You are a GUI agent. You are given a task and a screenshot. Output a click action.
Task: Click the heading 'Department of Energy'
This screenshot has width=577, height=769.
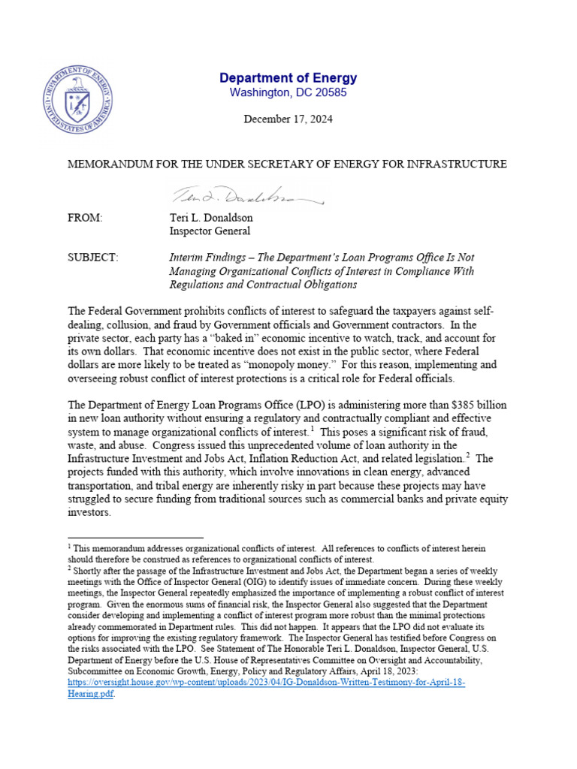click(x=288, y=78)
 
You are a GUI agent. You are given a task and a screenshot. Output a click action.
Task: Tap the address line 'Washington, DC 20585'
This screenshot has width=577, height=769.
click(x=288, y=93)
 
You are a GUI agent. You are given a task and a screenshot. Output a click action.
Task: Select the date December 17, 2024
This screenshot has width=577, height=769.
click(x=288, y=119)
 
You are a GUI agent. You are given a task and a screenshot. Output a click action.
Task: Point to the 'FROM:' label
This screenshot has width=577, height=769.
click(x=84, y=218)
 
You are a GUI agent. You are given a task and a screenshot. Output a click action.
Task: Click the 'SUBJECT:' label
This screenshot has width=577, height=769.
click(x=92, y=258)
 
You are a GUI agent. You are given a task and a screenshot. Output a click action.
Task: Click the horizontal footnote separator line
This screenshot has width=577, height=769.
click(x=135, y=538)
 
